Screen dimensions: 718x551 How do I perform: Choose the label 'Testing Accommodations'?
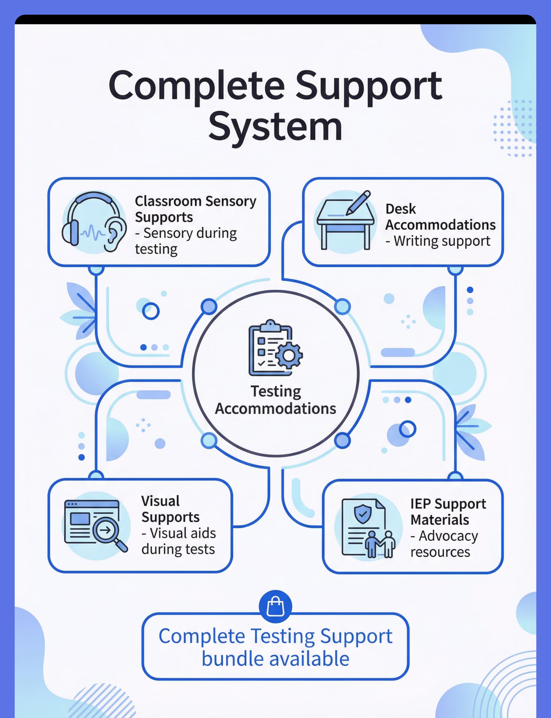pos(275,400)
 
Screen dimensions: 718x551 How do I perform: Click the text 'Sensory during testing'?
pos(186,241)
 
